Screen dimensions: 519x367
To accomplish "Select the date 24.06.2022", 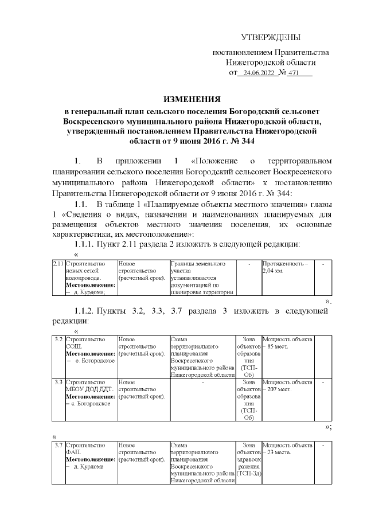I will coord(259,73).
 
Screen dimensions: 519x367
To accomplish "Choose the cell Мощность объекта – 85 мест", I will coord(287,344).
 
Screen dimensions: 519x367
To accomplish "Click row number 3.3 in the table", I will coord(58,381).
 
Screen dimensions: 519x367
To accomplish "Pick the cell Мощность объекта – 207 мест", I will coord(287,385).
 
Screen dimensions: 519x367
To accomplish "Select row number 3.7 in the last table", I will coord(58,445).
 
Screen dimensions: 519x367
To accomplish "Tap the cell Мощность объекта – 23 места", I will coord(287,448).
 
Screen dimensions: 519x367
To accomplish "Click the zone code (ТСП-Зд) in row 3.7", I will coord(248,473).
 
